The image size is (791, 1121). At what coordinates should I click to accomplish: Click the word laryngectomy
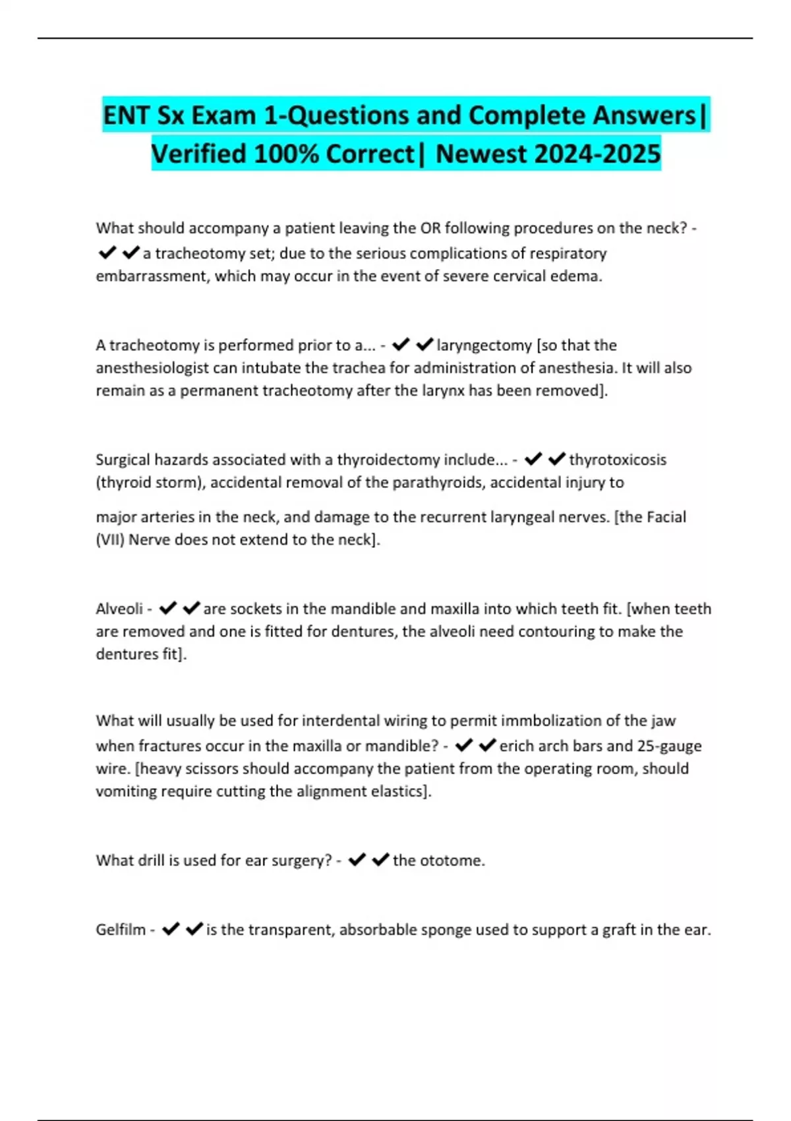coord(484,345)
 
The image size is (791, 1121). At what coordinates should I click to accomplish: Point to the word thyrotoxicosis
coord(618,460)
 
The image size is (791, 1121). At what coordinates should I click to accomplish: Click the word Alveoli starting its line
coord(119,609)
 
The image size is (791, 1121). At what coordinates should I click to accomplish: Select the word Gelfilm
coord(121,930)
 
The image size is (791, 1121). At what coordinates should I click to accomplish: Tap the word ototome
coord(452,861)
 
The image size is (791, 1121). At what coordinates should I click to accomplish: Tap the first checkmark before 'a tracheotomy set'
coord(107,253)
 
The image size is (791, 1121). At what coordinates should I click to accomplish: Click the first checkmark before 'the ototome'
coord(357,860)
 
